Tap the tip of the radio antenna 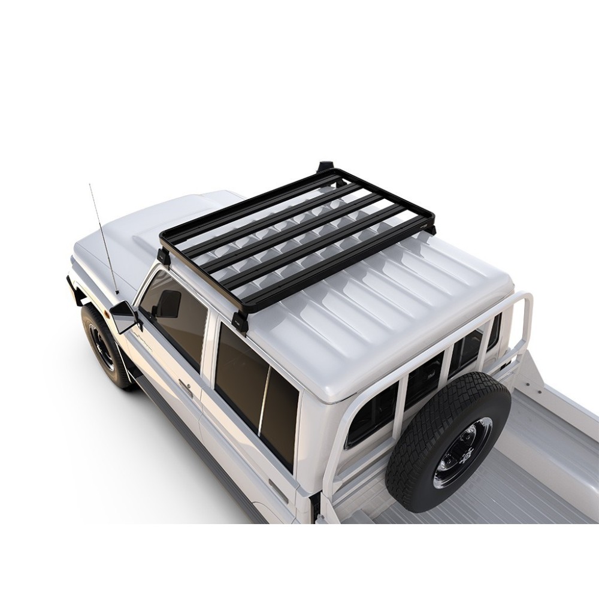90,185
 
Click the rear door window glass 252,389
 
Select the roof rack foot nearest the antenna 163,256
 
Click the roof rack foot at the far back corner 325,166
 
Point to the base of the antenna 117,294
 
